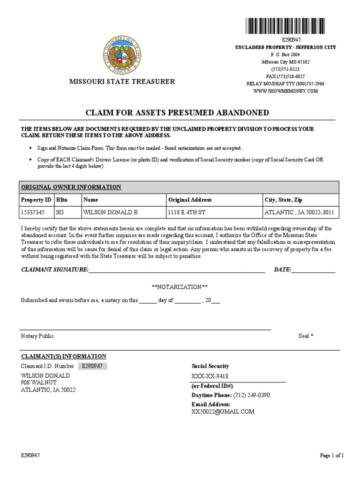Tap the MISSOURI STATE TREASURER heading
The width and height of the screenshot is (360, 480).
click(122, 82)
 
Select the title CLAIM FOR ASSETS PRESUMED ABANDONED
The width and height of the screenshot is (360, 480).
click(177, 112)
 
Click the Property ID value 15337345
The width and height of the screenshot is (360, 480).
click(33, 212)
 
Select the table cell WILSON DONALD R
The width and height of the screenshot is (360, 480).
click(111, 212)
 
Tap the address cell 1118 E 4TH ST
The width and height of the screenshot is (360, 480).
click(186, 212)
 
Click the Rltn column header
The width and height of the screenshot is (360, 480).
click(62, 200)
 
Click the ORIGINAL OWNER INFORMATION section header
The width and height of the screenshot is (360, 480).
click(71, 187)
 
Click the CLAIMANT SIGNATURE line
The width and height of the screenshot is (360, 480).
click(176, 270)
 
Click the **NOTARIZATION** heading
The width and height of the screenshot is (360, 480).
click(180, 286)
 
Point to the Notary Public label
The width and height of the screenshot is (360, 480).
click(37, 336)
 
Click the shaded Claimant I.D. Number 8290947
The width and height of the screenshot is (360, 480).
click(92, 366)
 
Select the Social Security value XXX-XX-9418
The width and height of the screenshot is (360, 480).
click(210, 376)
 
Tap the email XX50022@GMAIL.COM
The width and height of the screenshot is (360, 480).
click(223, 412)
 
